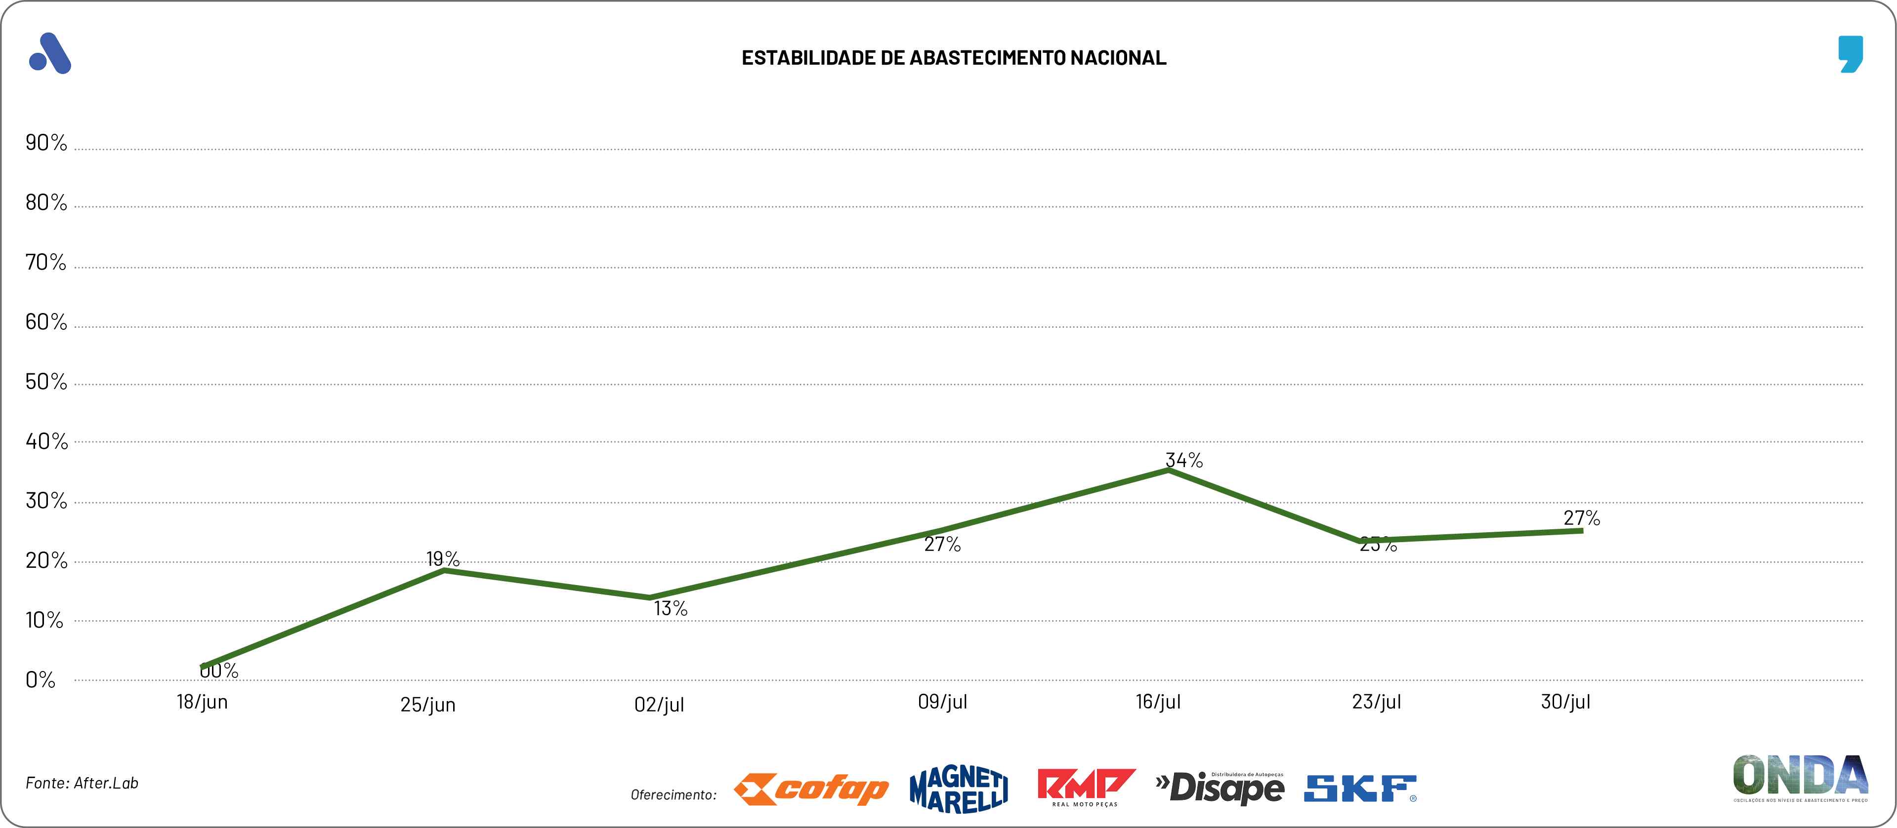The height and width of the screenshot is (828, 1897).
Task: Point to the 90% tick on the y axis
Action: coord(45,142)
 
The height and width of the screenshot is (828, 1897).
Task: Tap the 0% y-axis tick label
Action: coord(41,679)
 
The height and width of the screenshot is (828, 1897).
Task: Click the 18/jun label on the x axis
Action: coord(202,702)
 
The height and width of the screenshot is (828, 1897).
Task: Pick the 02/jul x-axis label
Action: coord(659,705)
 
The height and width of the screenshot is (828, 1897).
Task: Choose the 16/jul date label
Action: coord(1158,702)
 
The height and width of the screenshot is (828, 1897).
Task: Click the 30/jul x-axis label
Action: coord(1565,702)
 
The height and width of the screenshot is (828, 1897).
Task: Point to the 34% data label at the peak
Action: coord(1184,460)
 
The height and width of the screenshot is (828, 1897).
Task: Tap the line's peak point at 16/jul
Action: coord(1169,470)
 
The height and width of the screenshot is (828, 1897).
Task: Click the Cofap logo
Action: coord(811,789)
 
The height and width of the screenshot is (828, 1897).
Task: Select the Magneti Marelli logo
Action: coord(959,789)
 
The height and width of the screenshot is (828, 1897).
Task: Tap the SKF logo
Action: coord(1359,789)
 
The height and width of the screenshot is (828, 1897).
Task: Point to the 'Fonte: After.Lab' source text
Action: coord(82,783)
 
